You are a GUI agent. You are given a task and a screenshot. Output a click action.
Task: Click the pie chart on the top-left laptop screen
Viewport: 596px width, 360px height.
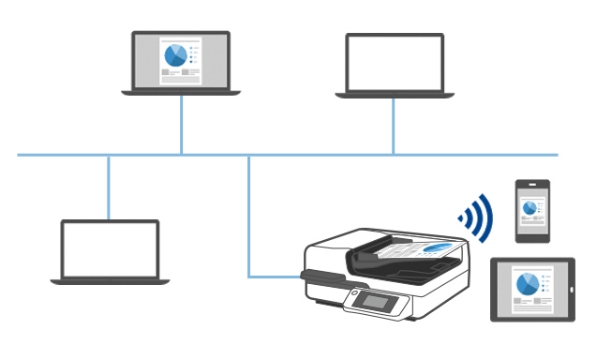(x=177, y=52)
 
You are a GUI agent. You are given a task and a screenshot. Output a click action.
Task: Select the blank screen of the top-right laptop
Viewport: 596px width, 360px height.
(x=394, y=62)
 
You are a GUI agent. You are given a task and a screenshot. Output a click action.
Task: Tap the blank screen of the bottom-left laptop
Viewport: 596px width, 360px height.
(x=109, y=248)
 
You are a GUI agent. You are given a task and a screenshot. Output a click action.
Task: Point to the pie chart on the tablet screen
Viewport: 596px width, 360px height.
(x=526, y=283)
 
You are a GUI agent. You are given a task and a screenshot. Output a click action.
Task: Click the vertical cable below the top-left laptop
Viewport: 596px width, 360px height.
(x=181, y=125)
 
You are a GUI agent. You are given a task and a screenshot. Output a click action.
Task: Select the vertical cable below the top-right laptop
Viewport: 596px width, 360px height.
(x=393, y=126)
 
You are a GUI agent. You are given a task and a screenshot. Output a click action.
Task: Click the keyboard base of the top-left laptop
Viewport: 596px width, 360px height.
(x=181, y=92)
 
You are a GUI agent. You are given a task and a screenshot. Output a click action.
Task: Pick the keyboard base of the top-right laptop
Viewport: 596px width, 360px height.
(x=394, y=95)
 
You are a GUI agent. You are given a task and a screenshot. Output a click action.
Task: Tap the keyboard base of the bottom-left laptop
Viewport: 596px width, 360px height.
(x=109, y=281)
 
